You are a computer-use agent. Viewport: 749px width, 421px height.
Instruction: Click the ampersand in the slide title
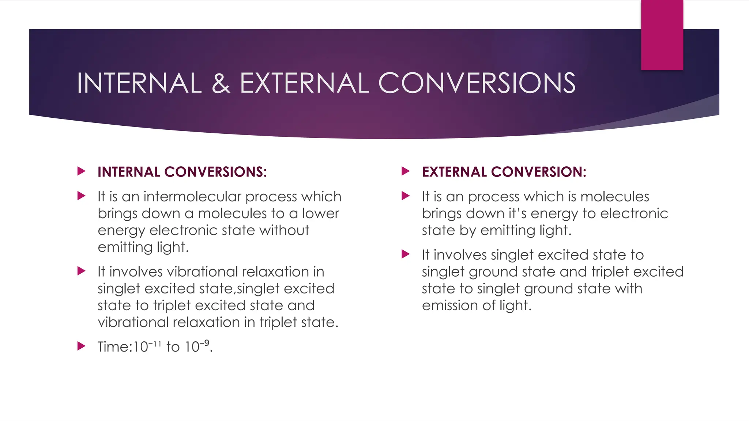tap(221, 83)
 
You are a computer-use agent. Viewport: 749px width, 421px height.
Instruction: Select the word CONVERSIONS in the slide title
tap(477, 83)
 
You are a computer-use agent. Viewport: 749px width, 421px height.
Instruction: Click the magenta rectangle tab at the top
tap(662, 35)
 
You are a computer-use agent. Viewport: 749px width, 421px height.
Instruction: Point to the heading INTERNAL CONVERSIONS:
tap(182, 172)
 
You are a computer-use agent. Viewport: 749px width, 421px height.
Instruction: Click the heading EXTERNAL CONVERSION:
tap(504, 172)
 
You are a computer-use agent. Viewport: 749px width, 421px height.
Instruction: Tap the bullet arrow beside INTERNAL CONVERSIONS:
tap(82, 171)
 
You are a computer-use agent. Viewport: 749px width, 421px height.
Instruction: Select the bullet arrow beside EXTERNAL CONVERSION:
tap(406, 171)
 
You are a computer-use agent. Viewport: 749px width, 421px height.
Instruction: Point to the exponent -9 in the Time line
tap(206, 342)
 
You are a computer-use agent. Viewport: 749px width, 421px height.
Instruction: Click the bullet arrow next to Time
tap(82, 346)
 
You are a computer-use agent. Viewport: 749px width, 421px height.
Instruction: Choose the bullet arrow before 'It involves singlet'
tap(406, 254)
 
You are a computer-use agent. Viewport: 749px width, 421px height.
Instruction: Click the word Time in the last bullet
tap(113, 347)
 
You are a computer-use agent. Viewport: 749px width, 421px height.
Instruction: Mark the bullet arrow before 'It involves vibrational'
tap(82, 271)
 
